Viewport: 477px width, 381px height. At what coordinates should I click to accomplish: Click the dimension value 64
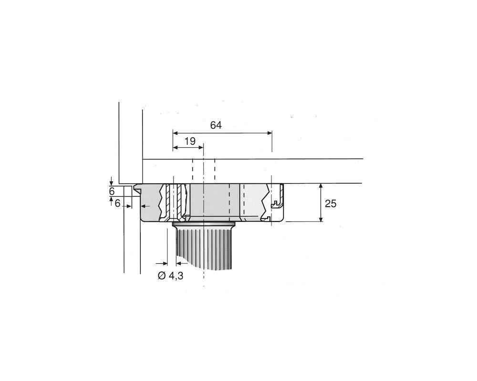click(216, 125)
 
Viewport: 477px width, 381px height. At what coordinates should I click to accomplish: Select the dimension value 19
click(190, 141)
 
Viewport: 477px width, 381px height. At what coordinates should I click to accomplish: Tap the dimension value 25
click(330, 203)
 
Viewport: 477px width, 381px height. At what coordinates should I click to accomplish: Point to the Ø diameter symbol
click(161, 275)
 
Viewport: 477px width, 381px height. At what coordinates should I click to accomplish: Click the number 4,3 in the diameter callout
click(176, 275)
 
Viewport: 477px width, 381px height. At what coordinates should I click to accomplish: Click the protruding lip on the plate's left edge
click(138, 189)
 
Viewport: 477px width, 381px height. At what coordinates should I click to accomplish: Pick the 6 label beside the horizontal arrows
click(117, 203)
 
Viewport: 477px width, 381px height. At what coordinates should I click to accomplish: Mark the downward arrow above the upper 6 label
click(111, 180)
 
